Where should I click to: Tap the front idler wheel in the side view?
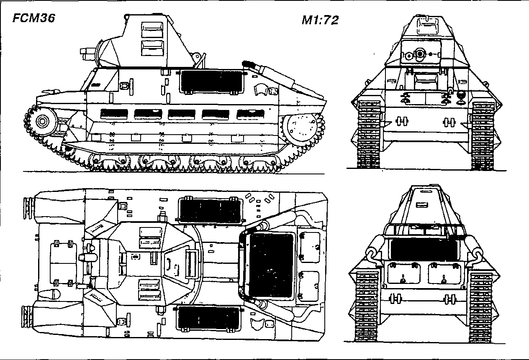point(42,121)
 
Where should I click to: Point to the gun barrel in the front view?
point(419,54)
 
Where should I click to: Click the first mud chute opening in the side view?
point(114,114)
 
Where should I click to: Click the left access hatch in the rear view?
point(403,274)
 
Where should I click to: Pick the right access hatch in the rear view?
point(444,274)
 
